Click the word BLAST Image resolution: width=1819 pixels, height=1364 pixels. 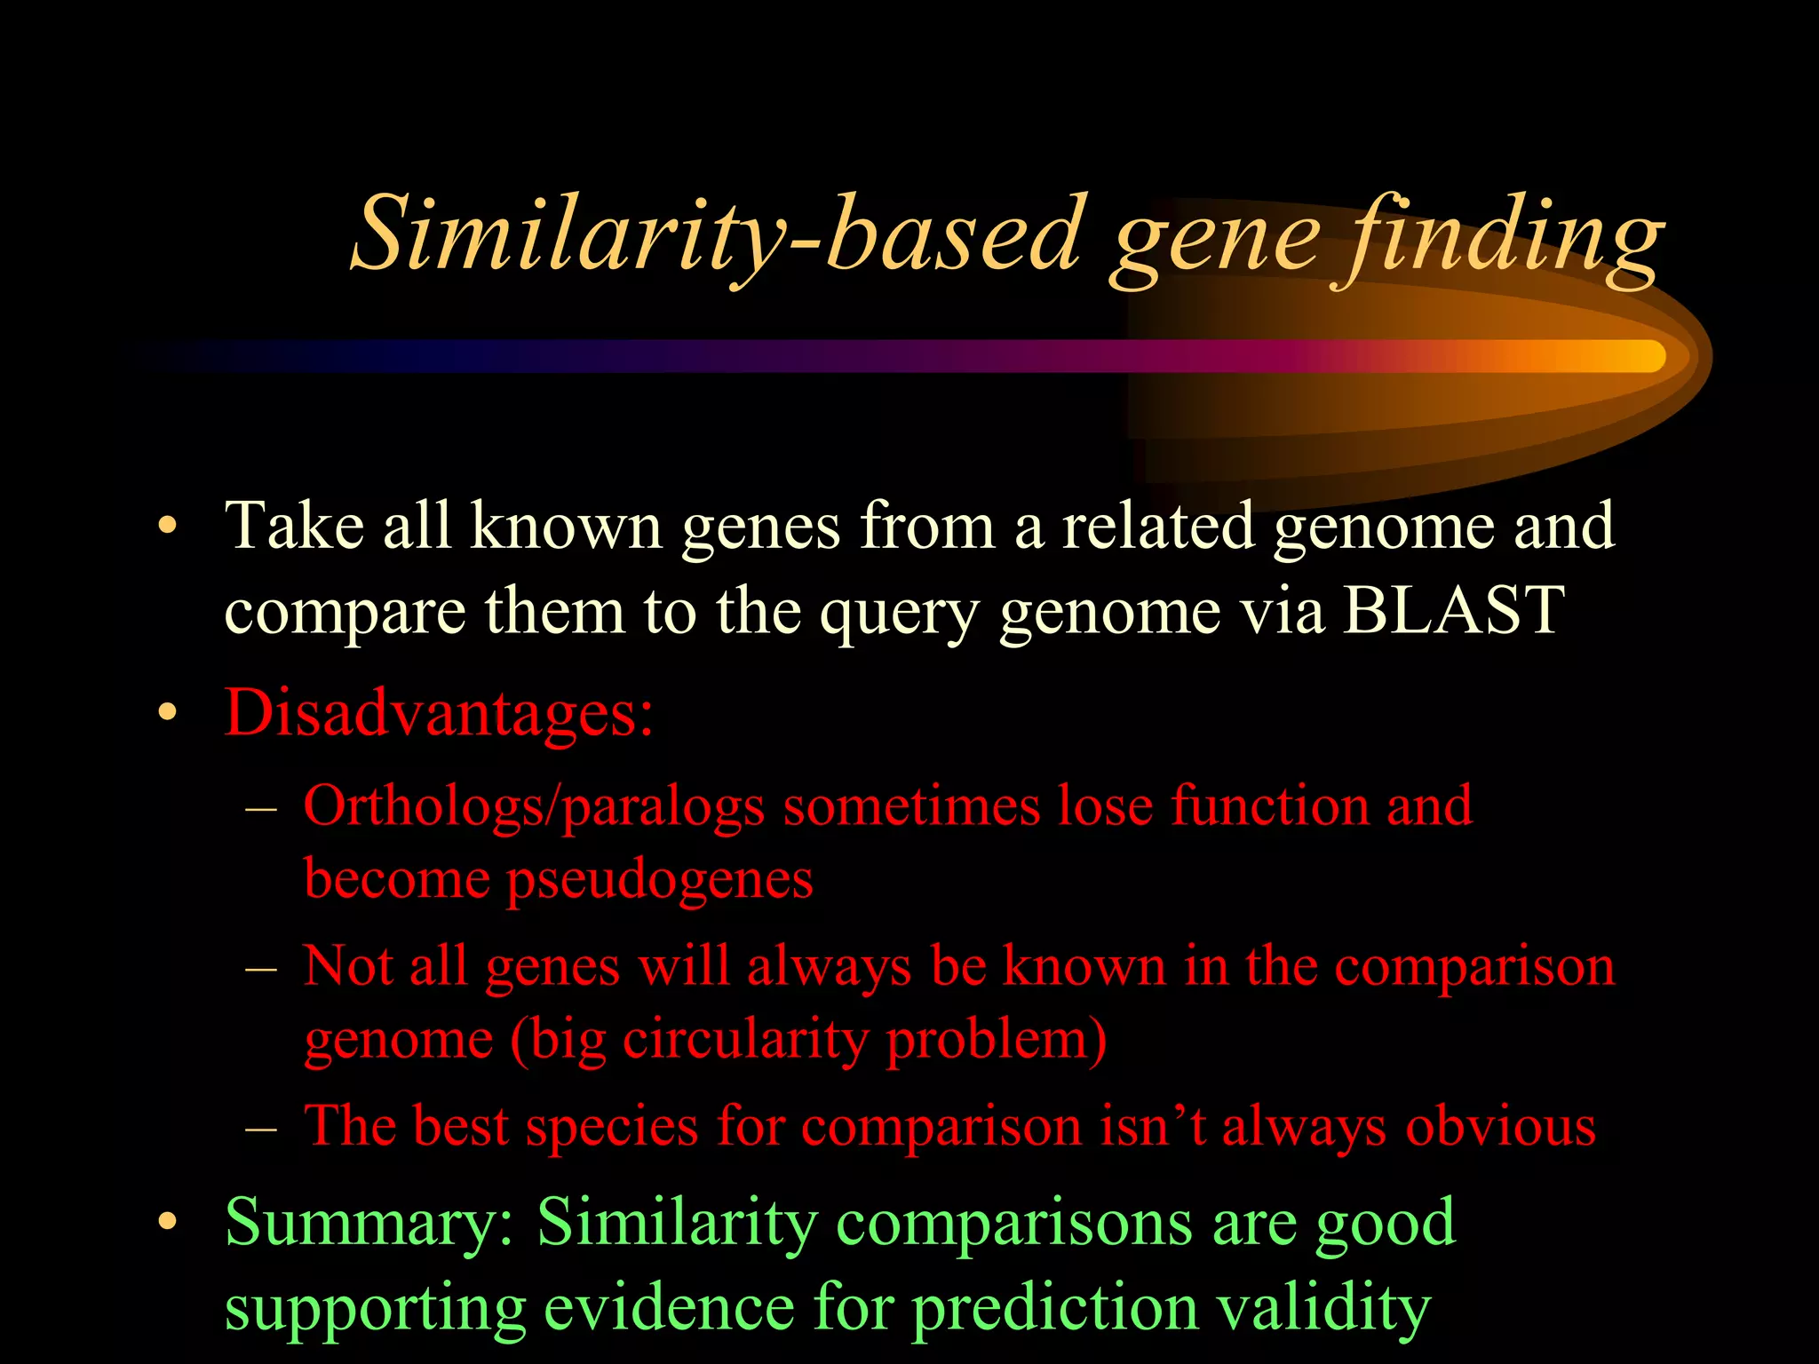click(x=1453, y=610)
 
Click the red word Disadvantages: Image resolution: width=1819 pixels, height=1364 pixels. click(x=440, y=713)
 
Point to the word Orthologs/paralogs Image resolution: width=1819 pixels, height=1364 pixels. click(x=534, y=806)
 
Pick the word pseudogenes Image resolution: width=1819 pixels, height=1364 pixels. click(x=659, y=880)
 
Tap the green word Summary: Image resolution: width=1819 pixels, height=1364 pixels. click(x=369, y=1223)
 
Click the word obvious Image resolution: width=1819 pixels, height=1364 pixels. click(x=1500, y=1126)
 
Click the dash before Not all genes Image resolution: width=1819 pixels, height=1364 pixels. click(x=261, y=967)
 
